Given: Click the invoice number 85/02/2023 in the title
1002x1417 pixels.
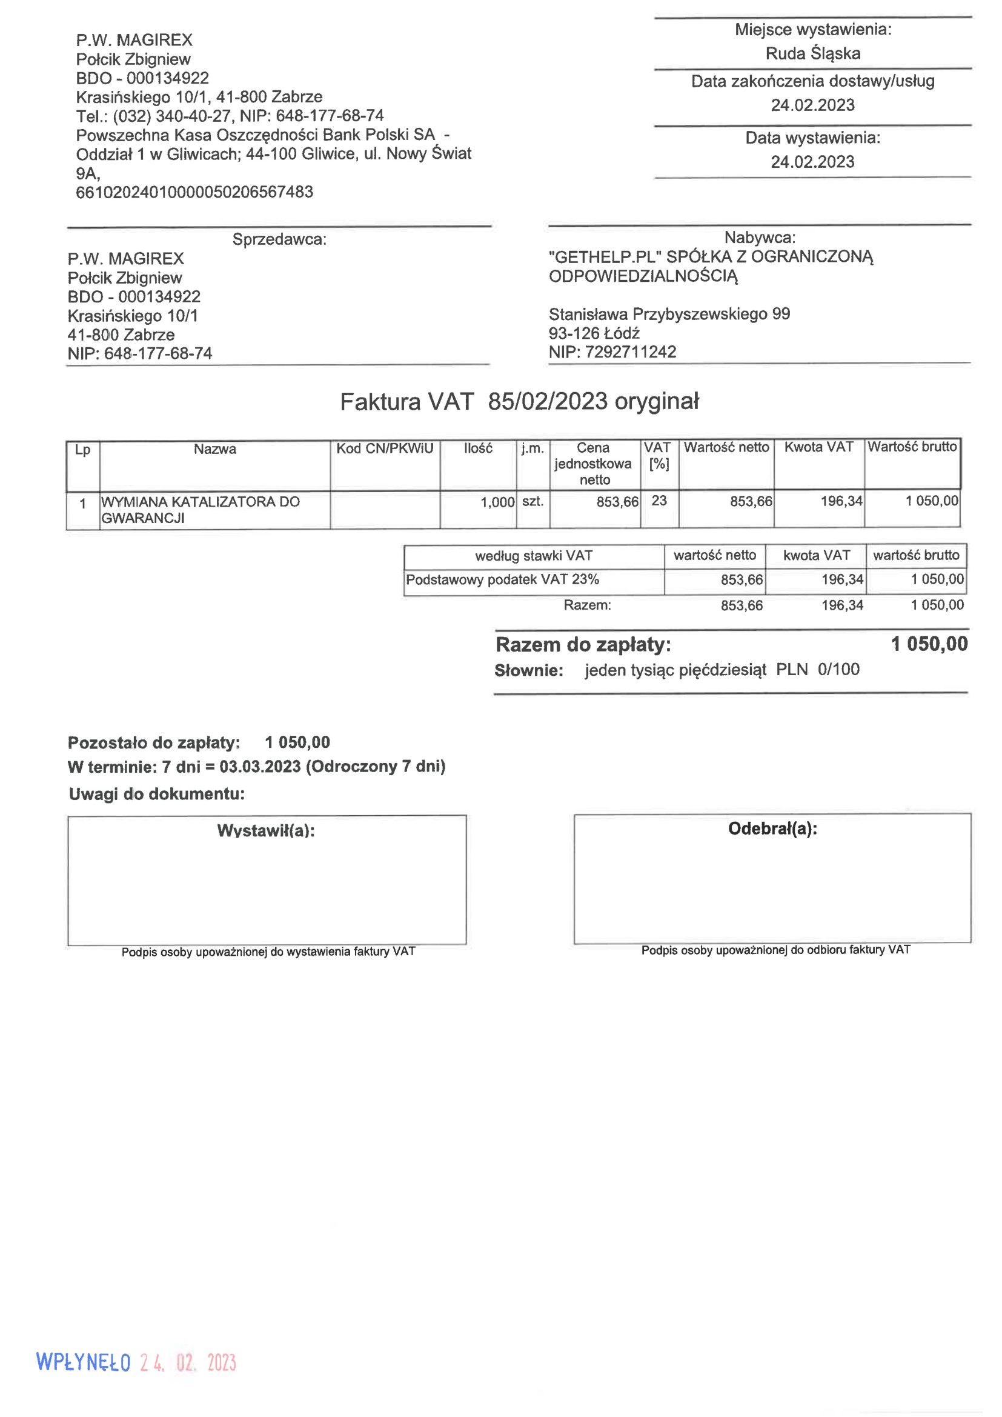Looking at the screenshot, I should point(547,402).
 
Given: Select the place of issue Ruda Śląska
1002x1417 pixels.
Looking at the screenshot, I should point(812,54).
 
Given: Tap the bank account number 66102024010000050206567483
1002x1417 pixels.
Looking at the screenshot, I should point(194,192).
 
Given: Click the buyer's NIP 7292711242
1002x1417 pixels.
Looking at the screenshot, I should point(630,352).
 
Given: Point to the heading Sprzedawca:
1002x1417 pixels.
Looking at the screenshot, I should point(279,239).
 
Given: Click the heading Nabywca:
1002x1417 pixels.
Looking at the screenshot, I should point(760,238).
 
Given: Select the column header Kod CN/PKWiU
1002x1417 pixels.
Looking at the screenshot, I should point(385,448).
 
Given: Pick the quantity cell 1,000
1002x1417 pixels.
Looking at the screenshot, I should point(497,502).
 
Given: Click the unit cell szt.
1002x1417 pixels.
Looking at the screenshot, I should point(533,501).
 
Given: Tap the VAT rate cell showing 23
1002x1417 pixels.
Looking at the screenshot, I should point(659,501).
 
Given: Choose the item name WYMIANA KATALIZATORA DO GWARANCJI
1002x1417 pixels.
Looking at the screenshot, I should point(201,510).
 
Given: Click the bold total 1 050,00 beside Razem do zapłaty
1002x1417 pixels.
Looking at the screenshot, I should point(929,644).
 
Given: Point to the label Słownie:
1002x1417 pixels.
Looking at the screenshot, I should point(529,671).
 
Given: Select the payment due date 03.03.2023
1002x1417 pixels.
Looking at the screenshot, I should point(260,767).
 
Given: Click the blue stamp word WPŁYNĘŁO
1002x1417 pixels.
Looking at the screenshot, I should point(83,1362).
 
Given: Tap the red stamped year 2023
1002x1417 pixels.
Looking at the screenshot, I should point(222,1362).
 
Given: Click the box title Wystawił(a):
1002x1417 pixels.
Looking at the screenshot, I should point(266,831).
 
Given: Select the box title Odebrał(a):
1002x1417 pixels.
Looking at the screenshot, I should point(772,829).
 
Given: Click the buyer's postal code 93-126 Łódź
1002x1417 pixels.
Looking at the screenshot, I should point(594,333).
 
